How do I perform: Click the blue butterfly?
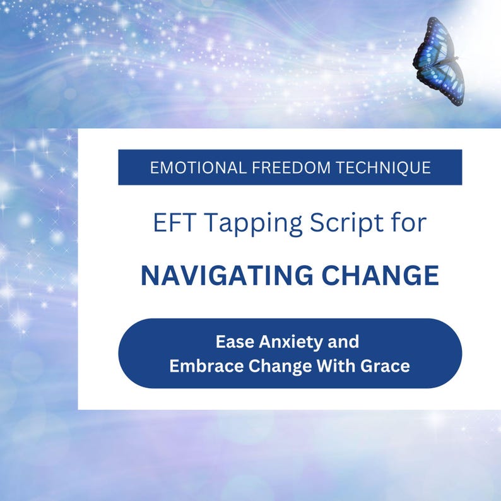[439, 61]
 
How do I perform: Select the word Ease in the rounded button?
[232, 342]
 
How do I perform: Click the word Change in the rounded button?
[276, 365]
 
